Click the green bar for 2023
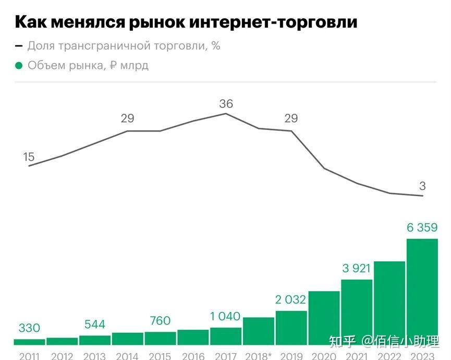click(x=422, y=292)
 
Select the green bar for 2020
click(x=324, y=318)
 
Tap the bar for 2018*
click(x=259, y=331)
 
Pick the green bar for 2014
click(x=127, y=339)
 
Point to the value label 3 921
click(x=357, y=269)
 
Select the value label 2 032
click(x=291, y=300)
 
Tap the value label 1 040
click(x=225, y=316)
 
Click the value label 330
click(x=29, y=328)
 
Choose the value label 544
click(x=94, y=325)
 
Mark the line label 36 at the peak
click(x=226, y=104)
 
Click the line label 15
click(x=29, y=157)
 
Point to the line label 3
click(x=422, y=186)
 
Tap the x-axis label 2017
click(x=225, y=356)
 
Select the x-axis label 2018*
click(x=259, y=356)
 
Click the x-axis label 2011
click(x=29, y=356)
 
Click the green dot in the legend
click(x=19, y=66)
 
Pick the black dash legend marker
click(x=19, y=46)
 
